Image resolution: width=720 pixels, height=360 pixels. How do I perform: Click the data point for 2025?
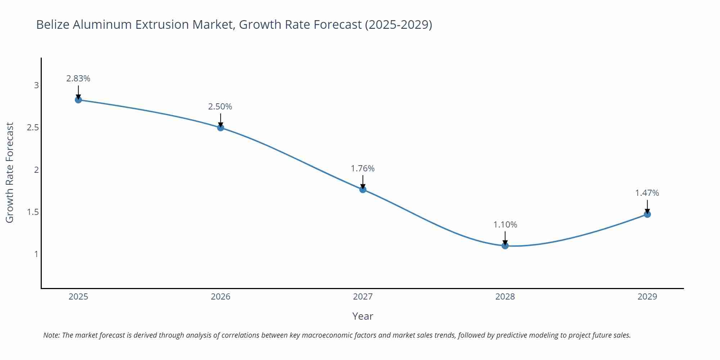pos(78,100)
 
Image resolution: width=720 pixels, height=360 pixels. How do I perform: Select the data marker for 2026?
pos(221,127)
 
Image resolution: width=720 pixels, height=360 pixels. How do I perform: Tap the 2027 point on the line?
pos(363,189)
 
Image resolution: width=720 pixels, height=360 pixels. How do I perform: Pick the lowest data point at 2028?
pos(505,246)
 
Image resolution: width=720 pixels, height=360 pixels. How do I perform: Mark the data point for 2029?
pos(647,214)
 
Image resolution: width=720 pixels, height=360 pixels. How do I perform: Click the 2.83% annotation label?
pos(78,78)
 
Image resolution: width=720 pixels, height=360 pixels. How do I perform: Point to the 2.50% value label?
pos(220,107)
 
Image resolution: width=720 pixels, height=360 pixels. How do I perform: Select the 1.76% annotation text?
pos(363,168)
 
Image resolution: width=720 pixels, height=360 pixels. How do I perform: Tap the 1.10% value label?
pos(505,225)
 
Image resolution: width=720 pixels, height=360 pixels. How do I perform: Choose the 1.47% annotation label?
pos(647,193)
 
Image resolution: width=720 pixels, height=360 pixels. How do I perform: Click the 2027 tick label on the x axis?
pos(363,297)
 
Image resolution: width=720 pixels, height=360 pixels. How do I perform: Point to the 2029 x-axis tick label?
pos(647,297)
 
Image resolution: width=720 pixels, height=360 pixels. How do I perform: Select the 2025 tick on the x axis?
pos(78,297)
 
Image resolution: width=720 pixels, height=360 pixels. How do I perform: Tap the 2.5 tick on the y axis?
pos(33,127)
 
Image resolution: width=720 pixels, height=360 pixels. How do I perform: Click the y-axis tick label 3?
pos(36,85)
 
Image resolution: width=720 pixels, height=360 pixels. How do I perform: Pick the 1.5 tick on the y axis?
pos(33,212)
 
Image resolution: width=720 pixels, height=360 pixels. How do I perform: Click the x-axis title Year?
pos(363,316)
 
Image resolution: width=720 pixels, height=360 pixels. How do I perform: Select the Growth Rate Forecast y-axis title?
pos(10,172)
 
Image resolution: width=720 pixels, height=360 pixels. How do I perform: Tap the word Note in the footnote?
pos(51,335)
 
